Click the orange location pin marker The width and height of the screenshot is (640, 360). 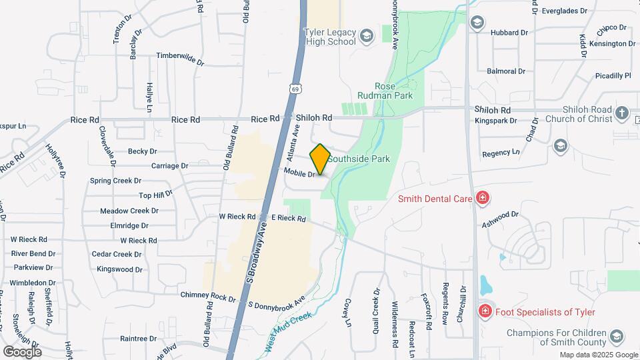(321, 159)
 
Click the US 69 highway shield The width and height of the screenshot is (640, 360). (295, 88)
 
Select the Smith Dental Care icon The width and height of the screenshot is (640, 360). (482, 198)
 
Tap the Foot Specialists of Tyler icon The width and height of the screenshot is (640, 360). (485, 311)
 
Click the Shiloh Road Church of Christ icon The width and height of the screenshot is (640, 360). (622, 113)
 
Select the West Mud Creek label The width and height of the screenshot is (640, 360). (288, 331)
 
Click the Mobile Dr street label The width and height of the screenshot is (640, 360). (299, 173)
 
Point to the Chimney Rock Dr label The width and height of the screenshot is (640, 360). (208, 297)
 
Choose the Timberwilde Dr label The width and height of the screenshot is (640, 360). (180, 58)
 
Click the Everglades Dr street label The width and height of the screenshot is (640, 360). (565, 11)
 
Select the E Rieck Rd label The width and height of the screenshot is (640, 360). (288, 218)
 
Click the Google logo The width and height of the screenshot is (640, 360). (22, 351)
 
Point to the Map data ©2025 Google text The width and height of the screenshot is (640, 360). (599, 355)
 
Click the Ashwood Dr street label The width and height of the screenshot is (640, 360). (500, 219)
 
